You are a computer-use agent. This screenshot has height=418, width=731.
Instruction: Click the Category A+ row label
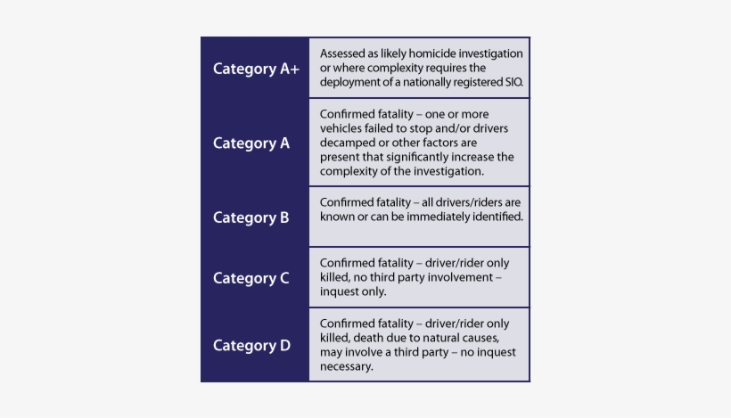point(256,69)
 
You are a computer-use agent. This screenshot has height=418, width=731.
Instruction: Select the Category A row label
point(251,143)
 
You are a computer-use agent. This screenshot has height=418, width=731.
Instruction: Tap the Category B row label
point(251,217)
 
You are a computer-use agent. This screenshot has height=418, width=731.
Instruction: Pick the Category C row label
point(251,278)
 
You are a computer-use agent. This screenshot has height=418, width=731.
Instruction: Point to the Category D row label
point(251,346)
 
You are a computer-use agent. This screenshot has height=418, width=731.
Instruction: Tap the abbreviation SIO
point(513,82)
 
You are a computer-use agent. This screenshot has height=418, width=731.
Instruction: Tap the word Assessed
point(342,53)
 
